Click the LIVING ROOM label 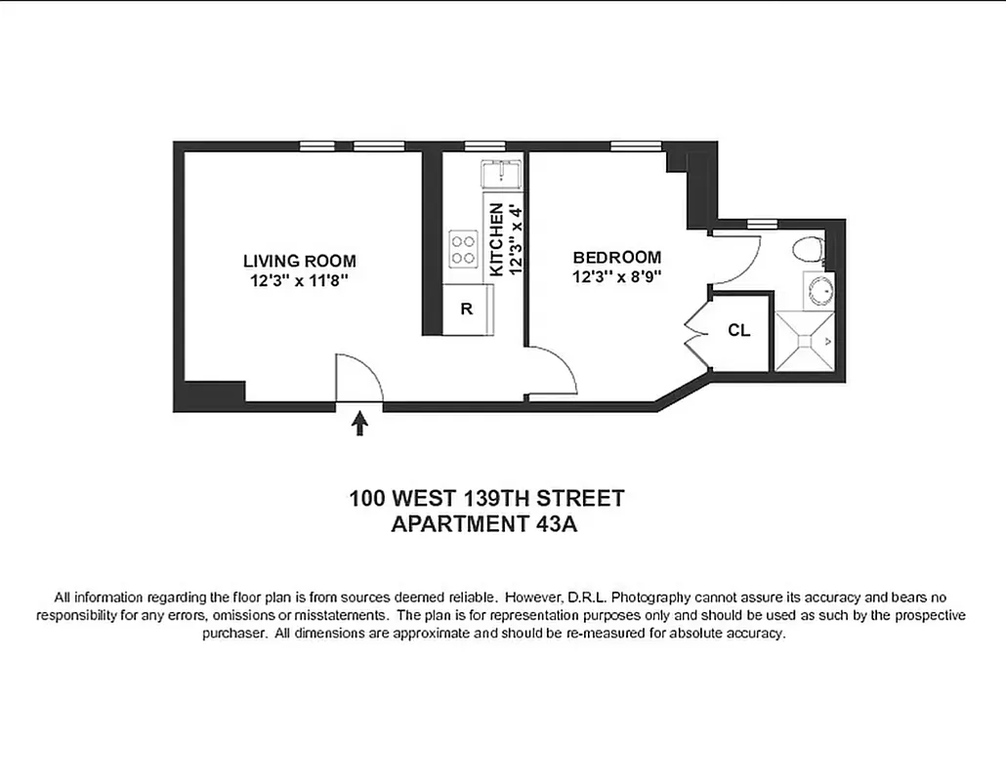299,261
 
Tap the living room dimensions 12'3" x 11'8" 299,280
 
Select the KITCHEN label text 496,239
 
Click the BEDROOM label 616,258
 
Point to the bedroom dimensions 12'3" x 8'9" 616,276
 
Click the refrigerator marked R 467,309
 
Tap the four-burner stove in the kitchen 463,249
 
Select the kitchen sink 503,174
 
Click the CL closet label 738,331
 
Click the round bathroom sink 820,291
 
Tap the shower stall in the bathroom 805,341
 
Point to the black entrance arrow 359,422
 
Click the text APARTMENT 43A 486,524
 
